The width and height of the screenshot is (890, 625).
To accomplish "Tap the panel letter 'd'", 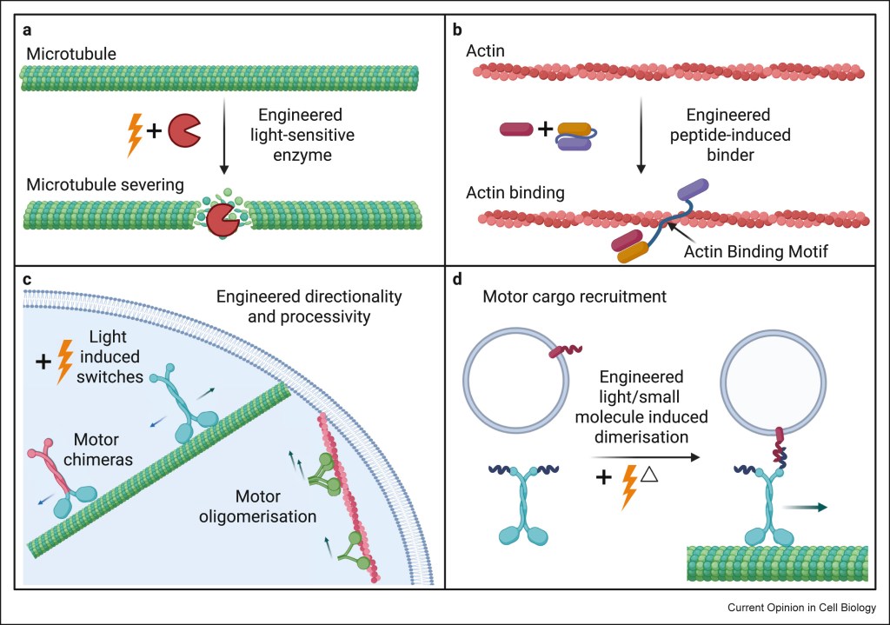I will coord(457,281).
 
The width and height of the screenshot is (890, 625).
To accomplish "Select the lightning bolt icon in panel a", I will coord(134,134).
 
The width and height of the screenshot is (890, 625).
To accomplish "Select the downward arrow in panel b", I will coord(641,130).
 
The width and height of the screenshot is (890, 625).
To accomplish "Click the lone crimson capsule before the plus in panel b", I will coord(517,130).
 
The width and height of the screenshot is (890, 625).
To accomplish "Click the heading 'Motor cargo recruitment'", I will coord(575,296).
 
